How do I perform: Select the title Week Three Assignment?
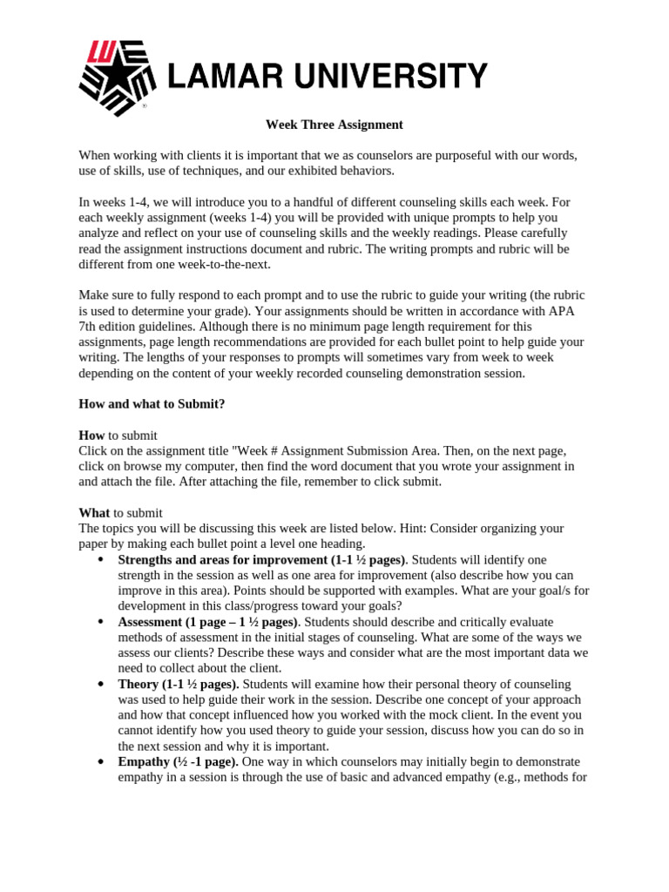coord(334,125)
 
